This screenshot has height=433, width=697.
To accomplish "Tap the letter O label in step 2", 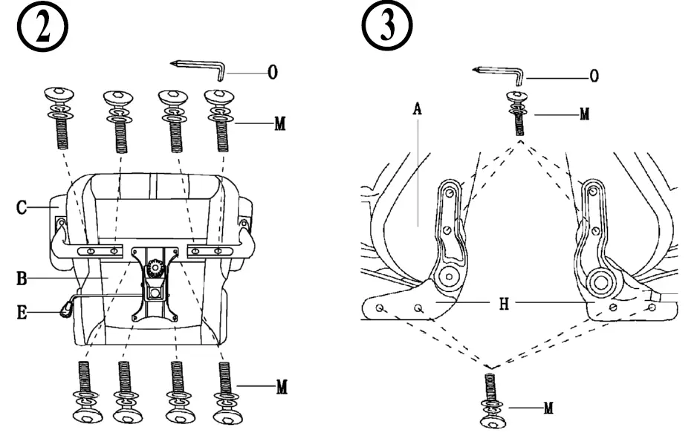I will pyautogui.click(x=273, y=73).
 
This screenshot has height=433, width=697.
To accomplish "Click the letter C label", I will pyautogui.click(x=23, y=208).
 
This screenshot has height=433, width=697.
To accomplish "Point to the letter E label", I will pyautogui.click(x=23, y=313).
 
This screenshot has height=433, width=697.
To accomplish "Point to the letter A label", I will pyautogui.click(x=417, y=108).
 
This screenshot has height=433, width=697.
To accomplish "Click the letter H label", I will pyautogui.click(x=503, y=304).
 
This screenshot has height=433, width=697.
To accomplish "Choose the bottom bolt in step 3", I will pyautogui.click(x=490, y=401).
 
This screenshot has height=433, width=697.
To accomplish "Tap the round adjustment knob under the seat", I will pyautogui.click(x=156, y=267).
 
